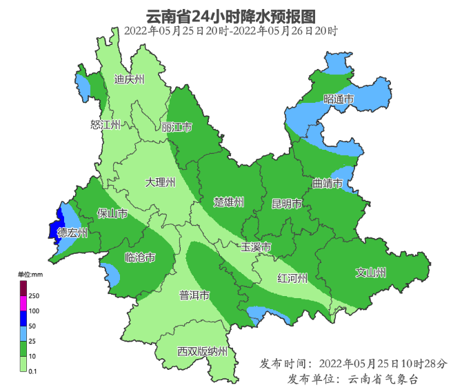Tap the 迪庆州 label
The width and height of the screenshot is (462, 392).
click(129, 80)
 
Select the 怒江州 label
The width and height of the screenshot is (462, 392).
click(106, 125)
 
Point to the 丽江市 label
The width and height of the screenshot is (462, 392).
click(177, 128)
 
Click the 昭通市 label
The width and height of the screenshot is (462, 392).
click(338, 100)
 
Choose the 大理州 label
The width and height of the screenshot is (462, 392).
click(160, 183)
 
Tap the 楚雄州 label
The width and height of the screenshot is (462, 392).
click(229, 202)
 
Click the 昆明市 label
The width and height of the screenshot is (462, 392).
click(287, 204)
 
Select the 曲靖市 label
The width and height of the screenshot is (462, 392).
click(328, 184)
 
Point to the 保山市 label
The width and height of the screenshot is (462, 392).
click(112, 213)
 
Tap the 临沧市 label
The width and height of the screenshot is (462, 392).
click(139, 257)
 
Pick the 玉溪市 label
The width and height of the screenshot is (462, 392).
click(256, 247)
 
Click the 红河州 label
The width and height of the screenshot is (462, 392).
click(292, 278)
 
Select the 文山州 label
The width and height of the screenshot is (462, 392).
click(370, 272)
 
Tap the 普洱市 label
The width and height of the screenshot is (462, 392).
click(194, 295)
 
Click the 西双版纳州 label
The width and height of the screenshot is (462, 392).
click(202, 351)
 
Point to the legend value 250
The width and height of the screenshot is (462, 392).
click(33, 295)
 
